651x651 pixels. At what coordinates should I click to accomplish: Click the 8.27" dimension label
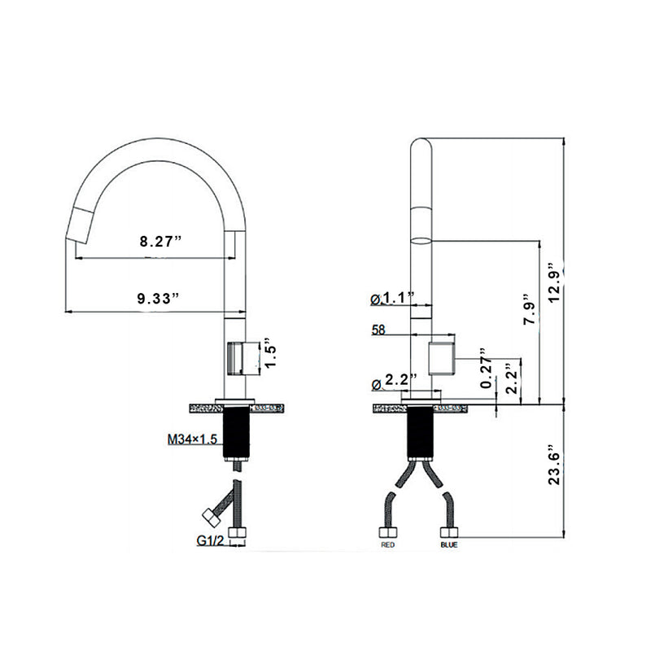[159, 241]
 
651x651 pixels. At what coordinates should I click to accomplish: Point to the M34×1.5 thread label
[192, 439]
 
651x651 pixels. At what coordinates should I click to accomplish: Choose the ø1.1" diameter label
[393, 299]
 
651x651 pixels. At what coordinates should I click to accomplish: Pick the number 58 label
[379, 331]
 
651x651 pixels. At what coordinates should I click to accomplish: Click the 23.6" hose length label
[554, 463]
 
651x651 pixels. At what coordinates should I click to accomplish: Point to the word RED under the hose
[388, 545]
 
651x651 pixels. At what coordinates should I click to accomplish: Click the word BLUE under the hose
[448, 545]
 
